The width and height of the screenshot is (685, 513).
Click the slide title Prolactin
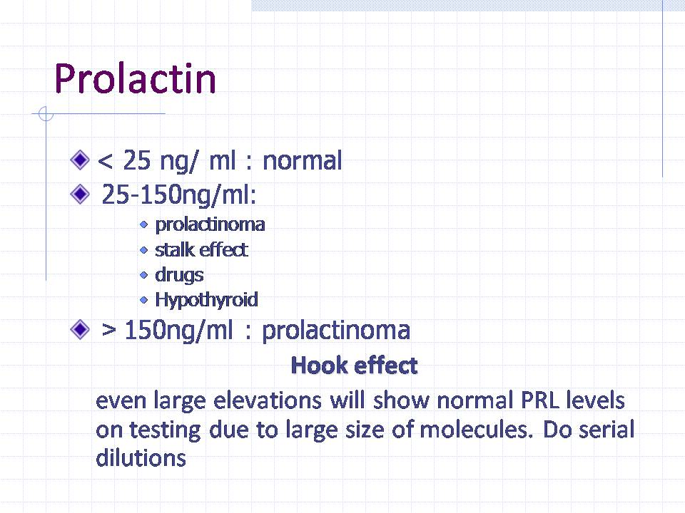coord(135,78)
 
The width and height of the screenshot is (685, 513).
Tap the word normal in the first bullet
coord(303,160)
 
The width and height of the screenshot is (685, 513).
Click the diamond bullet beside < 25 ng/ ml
coord(80,160)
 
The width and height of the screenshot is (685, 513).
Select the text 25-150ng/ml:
coord(178,195)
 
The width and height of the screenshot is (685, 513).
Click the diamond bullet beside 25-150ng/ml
coord(80,194)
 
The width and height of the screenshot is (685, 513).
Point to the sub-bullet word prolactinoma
coord(210,224)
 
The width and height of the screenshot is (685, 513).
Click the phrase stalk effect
coord(202,250)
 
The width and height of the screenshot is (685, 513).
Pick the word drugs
coord(180,275)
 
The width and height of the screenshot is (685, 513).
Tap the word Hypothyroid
coord(207,300)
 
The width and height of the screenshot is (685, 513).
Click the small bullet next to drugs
coord(143,275)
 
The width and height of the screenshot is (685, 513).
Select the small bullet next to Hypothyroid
coord(143,300)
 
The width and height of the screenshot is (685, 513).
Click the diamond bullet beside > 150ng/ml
coord(80,329)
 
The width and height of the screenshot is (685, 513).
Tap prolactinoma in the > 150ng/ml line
coord(336,331)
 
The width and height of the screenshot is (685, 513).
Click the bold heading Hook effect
coord(355,365)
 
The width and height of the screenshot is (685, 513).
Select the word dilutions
coord(141,458)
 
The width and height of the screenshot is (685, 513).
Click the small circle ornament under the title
coord(46,114)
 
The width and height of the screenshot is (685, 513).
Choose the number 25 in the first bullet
coord(137,160)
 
